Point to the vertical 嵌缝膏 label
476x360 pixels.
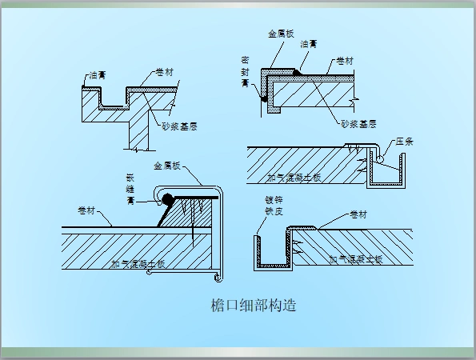coord(131,190)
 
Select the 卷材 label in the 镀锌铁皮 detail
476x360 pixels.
coord(360,214)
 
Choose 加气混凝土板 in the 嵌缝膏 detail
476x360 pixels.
coord(138,262)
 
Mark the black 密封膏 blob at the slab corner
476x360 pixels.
coord(263,98)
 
